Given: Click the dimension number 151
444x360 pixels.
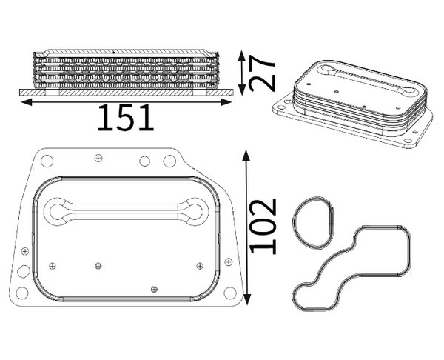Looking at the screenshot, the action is pos(126,118).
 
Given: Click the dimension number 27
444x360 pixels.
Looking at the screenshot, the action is pos(262,73).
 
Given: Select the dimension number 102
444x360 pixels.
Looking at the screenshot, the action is pos(263,226).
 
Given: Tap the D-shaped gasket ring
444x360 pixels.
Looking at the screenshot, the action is pos(294,223).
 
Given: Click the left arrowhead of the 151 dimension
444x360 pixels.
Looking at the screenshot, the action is pos(26,102).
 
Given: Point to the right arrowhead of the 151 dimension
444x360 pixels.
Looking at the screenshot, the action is pos(226,102).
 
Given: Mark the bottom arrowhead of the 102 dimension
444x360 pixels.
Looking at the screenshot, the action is pos(247,299).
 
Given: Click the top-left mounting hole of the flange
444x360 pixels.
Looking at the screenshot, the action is pos(47,161).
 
